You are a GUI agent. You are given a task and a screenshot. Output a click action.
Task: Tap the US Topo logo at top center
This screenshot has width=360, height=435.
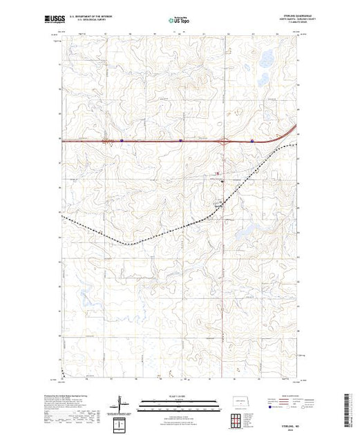click(x=180, y=20)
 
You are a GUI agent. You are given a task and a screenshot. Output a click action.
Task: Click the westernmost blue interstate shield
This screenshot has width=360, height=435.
click(x=122, y=140)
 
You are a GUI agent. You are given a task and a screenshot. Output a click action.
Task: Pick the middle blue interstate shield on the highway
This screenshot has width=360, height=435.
click(x=180, y=140)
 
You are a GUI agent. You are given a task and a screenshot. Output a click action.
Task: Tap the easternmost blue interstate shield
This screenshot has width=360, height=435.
click(x=252, y=141)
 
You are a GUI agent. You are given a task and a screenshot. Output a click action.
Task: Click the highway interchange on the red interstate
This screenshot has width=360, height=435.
click(x=225, y=141)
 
